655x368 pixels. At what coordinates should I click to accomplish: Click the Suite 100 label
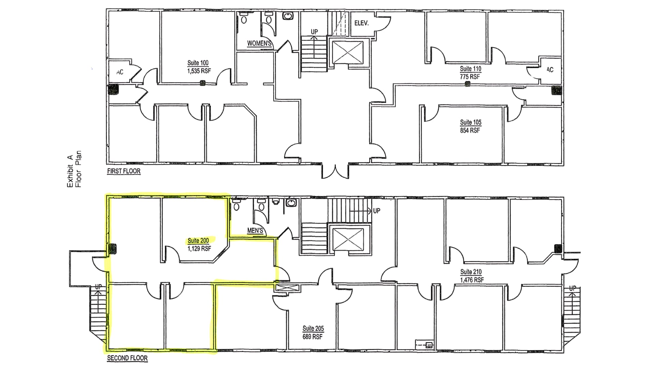tap(198, 63)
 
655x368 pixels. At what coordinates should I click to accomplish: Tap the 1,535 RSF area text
tap(199, 71)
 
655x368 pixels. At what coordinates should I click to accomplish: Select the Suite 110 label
tap(470, 69)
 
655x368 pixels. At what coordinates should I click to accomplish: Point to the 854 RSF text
tap(470, 131)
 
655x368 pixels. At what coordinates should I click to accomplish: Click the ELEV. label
tap(362, 23)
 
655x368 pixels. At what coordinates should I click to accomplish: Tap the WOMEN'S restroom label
tap(259, 43)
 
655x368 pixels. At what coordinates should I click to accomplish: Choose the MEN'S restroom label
tap(255, 231)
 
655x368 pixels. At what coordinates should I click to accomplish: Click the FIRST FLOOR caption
tap(124, 171)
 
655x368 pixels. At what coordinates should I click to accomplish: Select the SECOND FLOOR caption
tap(127, 358)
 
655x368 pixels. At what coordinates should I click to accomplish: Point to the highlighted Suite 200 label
tap(198, 241)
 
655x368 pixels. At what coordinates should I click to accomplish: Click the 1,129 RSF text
tap(199, 249)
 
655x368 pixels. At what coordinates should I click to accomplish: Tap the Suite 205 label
tap(313, 328)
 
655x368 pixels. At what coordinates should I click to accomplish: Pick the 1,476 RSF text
tap(472, 280)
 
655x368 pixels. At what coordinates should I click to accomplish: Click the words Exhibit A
tap(70, 171)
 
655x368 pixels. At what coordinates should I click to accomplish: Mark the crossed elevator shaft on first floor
tap(348, 52)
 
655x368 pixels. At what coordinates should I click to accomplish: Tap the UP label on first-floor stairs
tap(314, 32)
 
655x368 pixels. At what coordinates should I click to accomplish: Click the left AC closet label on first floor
tap(120, 72)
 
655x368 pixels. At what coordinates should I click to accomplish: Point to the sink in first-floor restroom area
tap(289, 16)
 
